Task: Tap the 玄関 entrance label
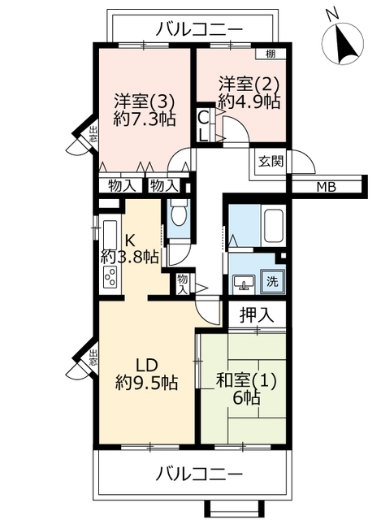[x=271, y=162]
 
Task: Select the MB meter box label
[x=326, y=188]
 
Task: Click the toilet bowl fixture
[x=179, y=215]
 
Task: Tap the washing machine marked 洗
[x=273, y=282]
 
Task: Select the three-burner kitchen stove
[x=110, y=277]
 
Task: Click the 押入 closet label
[x=257, y=314]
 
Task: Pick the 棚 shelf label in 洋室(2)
[x=271, y=54]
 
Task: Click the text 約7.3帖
[x=144, y=119]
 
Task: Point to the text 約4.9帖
[x=249, y=102]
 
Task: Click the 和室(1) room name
[x=246, y=381]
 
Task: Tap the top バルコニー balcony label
[x=199, y=30]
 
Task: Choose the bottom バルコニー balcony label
[x=199, y=474]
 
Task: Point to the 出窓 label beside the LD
[x=93, y=357]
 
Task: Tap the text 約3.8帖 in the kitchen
[x=129, y=257]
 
